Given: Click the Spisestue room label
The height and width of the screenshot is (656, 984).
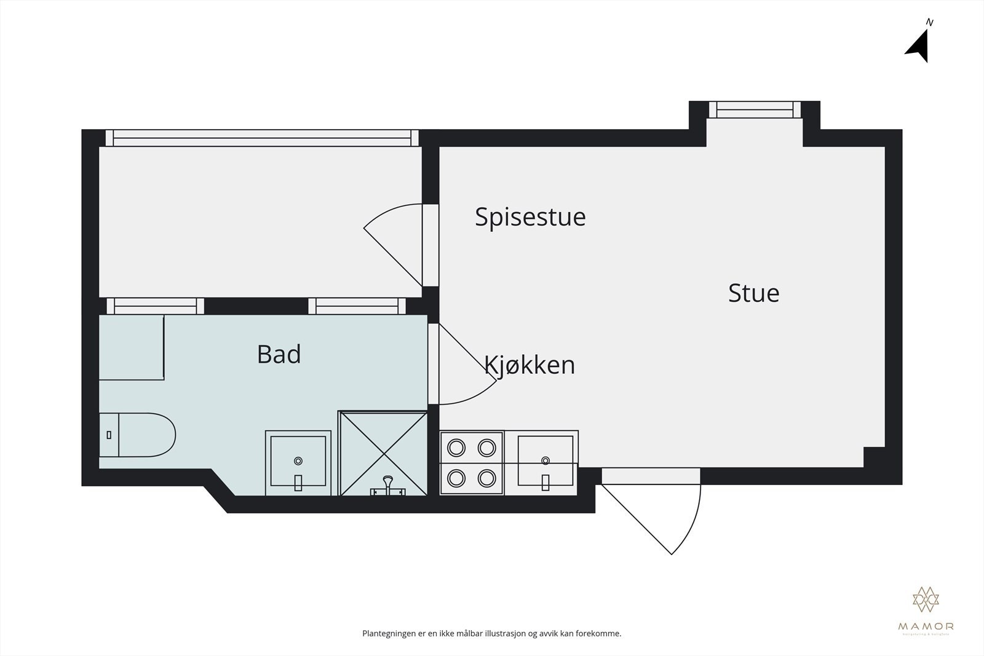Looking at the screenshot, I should pyautogui.click(x=530, y=217).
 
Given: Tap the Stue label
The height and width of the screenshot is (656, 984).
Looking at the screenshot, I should pyautogui.click(x=753, y=293).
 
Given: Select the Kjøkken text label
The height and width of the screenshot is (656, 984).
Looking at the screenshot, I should pyautogui.click(x=530, y=365).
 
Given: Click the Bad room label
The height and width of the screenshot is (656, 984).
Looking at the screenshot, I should pyautogui.click(x=279, y=355).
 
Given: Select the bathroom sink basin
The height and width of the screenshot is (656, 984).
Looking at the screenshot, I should pyautogui.click(x=298, y=462).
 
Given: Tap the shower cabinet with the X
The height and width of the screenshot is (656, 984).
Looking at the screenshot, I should pyautogui.click(x=383, y=453).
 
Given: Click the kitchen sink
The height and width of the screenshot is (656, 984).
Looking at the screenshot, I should pyautogui.click(x=546, y=461).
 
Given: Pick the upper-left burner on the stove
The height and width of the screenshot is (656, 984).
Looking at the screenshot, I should pyautogui.click(x=456, y=448).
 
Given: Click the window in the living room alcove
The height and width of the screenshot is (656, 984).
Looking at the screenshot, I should pyautogui.click(x=755, y=110).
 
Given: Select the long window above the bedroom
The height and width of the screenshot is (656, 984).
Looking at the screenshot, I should pyautogui.click(x=262, y=138).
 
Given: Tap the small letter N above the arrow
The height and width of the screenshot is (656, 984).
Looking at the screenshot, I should pyautogui.click(x=930, y=23).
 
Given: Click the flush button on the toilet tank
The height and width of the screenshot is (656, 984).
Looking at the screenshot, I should pyautogui.click(x=109, y=435).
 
